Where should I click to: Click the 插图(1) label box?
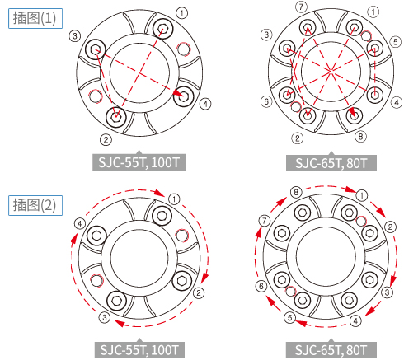[35, 18]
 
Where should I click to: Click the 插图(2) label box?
[35, 205]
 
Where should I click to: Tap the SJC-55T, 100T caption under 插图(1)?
[139, 162]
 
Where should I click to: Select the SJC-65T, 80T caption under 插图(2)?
[331, 350]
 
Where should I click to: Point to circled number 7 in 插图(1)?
[301, 7]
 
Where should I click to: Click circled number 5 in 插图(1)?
[396, 42]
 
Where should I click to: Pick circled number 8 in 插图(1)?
[360, 136]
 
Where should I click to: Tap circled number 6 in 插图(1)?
[266, 101]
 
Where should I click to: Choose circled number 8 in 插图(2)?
[296, 192]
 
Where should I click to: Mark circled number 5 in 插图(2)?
[289, 318]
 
